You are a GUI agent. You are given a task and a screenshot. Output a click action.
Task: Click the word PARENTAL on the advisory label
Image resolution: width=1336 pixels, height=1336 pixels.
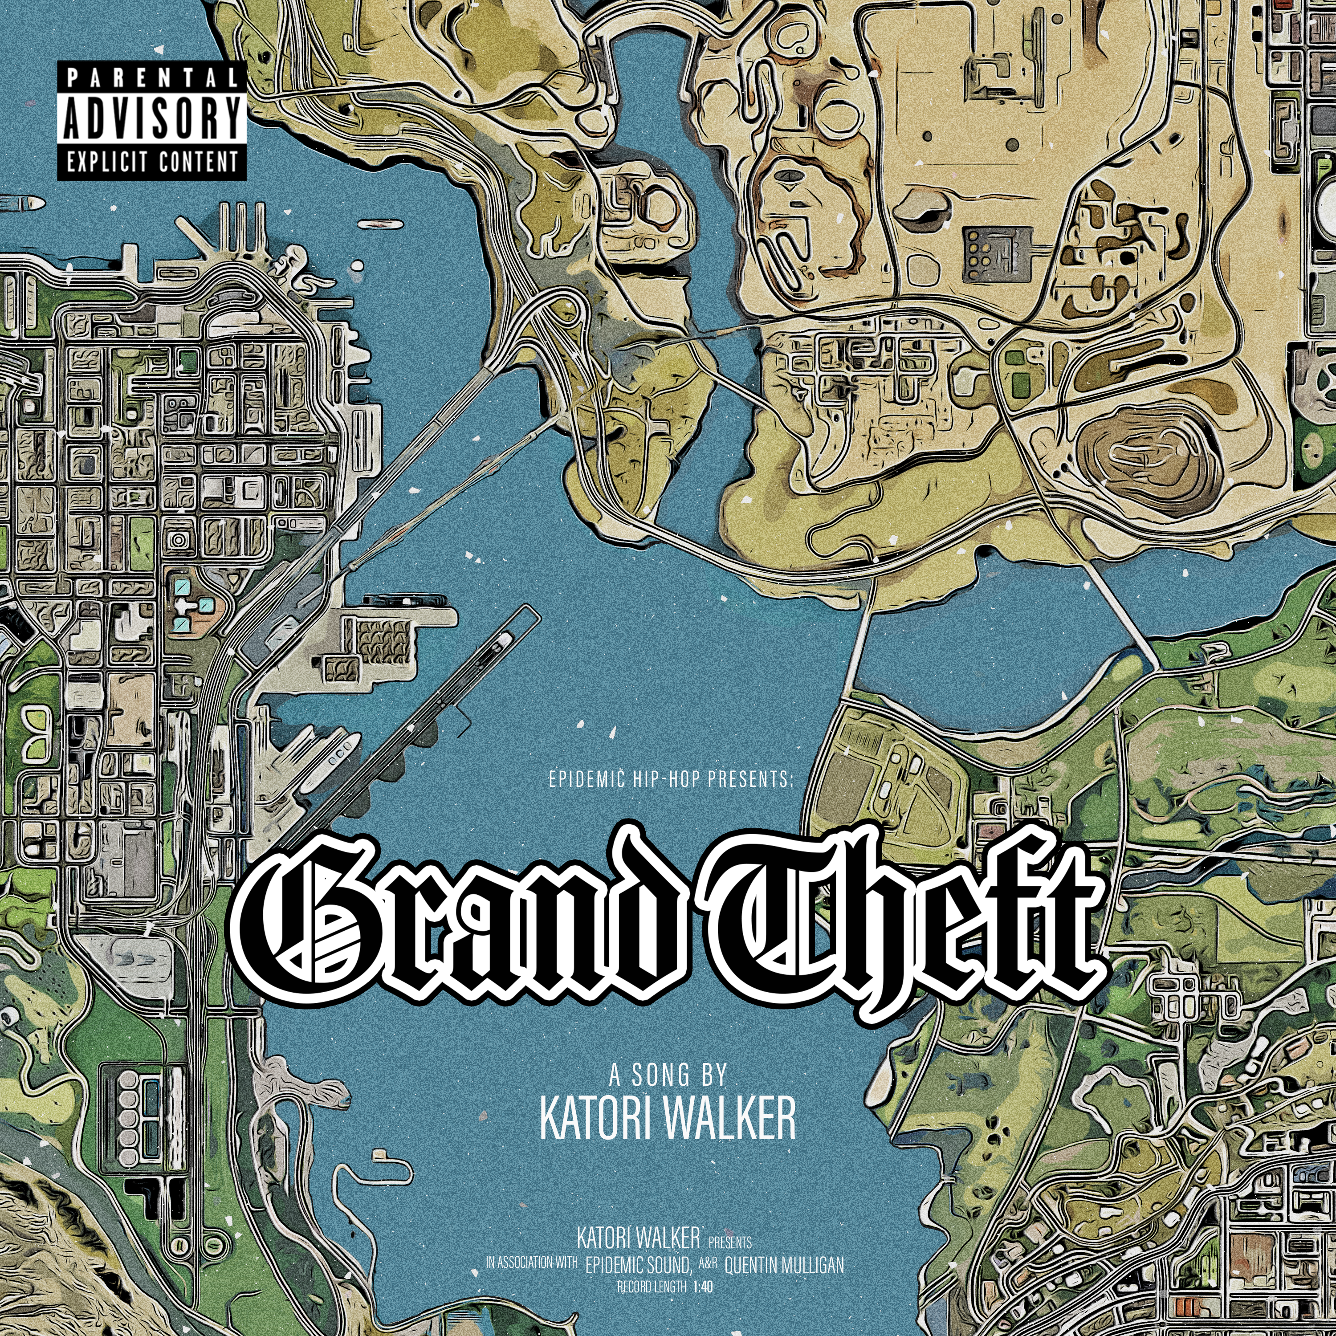pos(151,77)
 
